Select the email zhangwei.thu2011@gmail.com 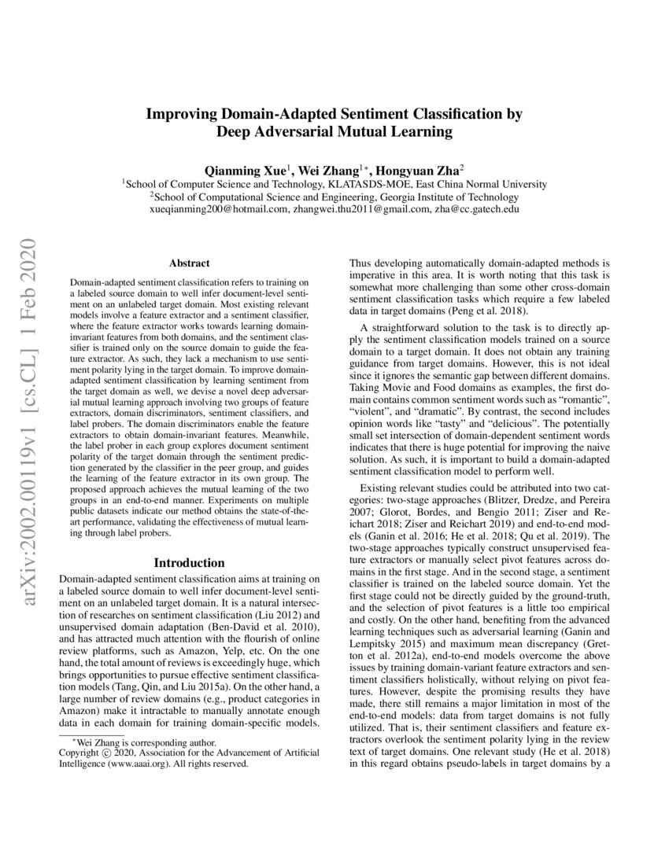click(358, 210)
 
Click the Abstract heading click(190, 266)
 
